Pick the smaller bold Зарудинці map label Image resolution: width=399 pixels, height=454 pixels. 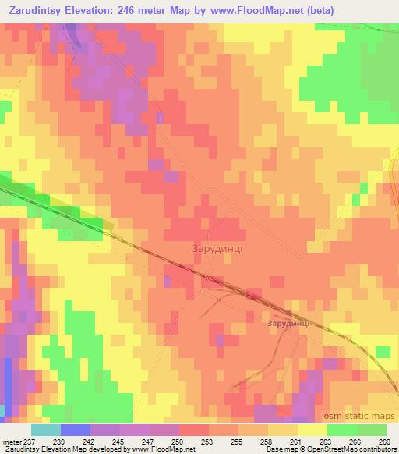click(288, 322)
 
